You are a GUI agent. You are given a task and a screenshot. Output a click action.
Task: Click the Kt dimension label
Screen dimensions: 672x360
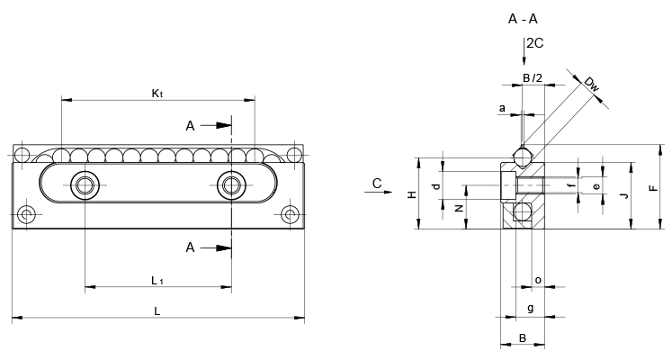pyautogui.click(x=157, y=93)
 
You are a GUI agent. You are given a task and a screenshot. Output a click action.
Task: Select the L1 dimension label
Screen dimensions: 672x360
pyautogui.click(x=157, y=281)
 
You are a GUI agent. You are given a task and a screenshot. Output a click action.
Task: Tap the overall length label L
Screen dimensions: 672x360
pyautogui.click(x=157, y=311)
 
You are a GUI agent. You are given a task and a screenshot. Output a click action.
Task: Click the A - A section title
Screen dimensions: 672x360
pyautogui.click(x=523, y=19)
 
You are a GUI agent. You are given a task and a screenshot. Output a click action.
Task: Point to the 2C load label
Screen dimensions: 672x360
pyautogui.click(x=535, y=43)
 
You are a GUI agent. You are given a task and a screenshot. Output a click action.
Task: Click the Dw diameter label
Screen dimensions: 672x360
pyautogui.click(x=591, y=85)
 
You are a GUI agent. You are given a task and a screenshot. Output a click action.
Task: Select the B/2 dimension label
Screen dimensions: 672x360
pyautogui.click(x=533, y=78)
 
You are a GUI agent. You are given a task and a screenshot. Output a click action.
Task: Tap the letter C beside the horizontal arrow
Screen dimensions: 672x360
pyautogui.click(x=377, y=184)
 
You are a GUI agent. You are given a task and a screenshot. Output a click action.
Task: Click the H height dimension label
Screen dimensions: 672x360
pyautogui.click(x=412, y=194)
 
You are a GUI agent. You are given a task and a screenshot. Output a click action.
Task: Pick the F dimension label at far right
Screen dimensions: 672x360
pyautogui.click(x=654, y=188)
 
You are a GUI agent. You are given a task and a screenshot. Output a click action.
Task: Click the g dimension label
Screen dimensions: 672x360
pyautogui.click(x=531, y=308)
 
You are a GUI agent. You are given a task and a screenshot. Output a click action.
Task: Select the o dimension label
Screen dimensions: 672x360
pyautogui.click(x=538, y=280)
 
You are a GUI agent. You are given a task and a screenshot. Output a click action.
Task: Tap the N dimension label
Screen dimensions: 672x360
pyautogui.click(x=460, y=208)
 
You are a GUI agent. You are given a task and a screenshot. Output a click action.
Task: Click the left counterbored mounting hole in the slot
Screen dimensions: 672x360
pyautogui.click(x=85, y=185)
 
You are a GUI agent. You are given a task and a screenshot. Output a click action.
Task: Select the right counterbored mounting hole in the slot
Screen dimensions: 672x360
pyautogui.click(x=231, y=185)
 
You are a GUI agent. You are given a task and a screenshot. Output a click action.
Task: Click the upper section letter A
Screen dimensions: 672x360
pyautogui.click(x=191, y=126)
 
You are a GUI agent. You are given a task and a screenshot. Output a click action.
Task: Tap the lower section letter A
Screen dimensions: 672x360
pyautogui.click(x=191, y=247)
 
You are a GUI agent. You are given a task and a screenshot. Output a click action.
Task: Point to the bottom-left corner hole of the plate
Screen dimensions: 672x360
pyautogui.click(x=27, y=214)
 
